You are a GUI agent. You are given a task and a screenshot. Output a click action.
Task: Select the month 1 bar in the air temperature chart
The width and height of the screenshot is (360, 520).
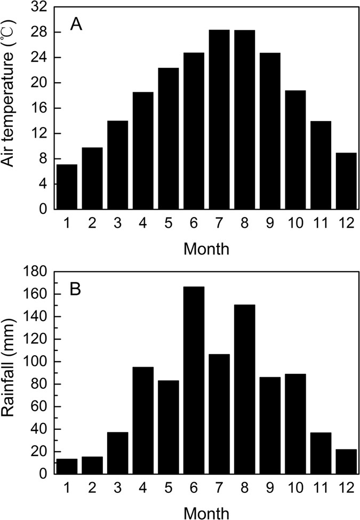pyautogui.click(x=67, y=187)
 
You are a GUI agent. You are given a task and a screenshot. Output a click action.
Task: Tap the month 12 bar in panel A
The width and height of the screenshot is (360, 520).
pyautogui.click(x=346, y=181)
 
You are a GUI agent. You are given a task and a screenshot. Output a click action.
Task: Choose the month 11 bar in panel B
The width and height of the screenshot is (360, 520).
pyautogui.click(x=321, y=453)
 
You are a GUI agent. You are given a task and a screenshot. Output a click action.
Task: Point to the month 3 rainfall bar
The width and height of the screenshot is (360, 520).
pyautogui.click(x=118, y=453)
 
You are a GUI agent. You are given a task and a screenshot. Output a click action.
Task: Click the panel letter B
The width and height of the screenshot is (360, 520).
pyautogui.click(x=76, y=291)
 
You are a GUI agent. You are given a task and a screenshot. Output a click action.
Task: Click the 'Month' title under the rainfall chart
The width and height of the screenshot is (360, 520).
pyautogui.click(x=206, y=513)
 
